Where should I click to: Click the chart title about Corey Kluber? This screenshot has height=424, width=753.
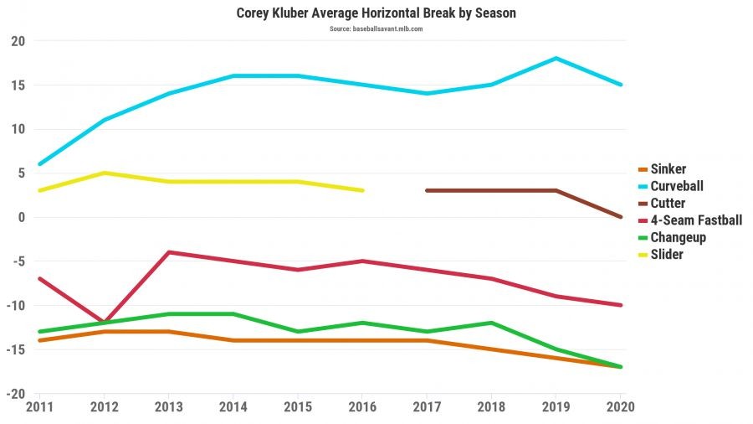(x=376, y=13)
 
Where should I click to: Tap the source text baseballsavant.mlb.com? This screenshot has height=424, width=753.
(x=376, y=28)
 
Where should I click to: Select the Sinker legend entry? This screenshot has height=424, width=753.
(x=668, y=169)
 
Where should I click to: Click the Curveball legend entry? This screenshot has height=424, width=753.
(x=677, y=186)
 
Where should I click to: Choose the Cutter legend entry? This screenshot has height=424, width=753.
(x=668, y=203)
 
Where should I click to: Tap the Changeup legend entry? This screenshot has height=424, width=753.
(x=678, y=237)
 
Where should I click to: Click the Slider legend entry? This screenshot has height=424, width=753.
(x=666, y=254)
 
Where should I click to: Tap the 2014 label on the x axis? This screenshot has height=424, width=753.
(x=233, y=406)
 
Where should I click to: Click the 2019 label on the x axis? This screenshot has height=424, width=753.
(x=556, y=406)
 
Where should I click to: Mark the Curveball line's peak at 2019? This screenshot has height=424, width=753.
(x=556, y=59)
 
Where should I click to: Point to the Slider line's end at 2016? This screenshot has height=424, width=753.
(x=362, y=191)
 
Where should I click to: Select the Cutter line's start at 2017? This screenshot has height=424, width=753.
(x=428, y=191)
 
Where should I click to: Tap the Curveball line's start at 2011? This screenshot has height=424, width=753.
(x=39, y=164)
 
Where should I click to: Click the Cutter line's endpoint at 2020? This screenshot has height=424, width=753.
(x=621, y=217)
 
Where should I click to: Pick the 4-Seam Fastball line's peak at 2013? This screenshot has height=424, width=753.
(x=169, y=252)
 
